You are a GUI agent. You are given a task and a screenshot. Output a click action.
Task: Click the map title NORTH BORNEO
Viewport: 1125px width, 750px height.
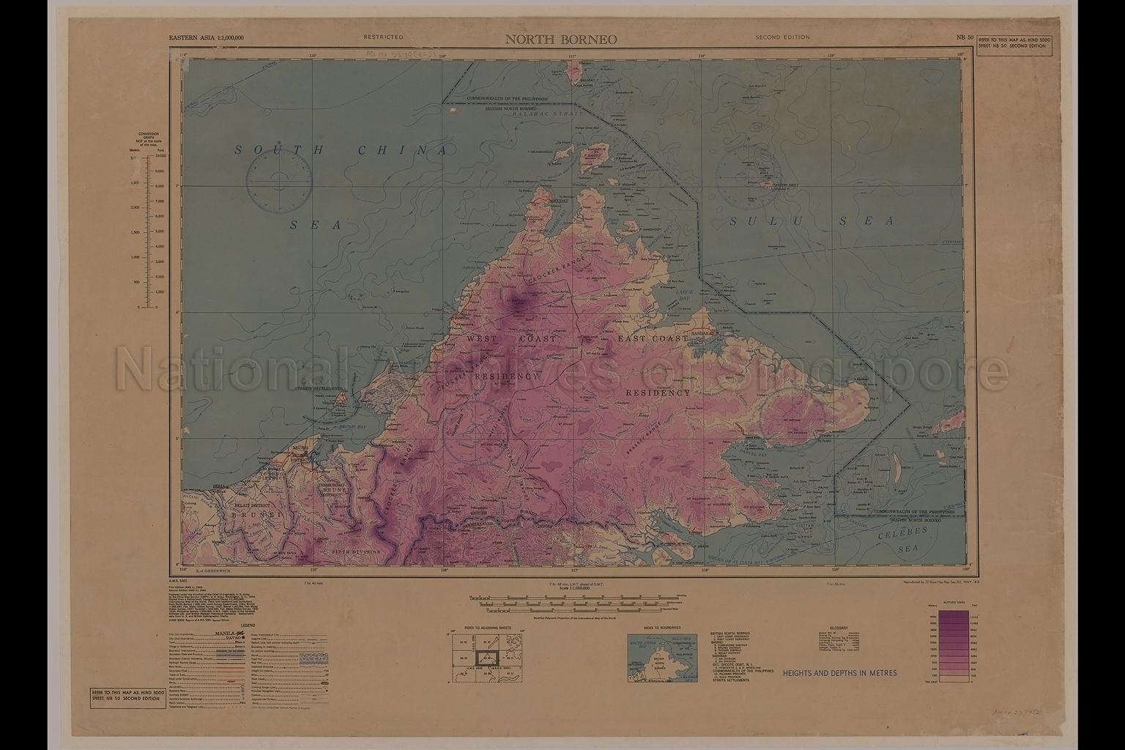(x=561, y=39)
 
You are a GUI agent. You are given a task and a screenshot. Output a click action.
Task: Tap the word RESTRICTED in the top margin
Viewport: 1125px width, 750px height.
(x=382, y=37)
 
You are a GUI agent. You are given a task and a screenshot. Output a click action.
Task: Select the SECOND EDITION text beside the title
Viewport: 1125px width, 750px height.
(x=782, y=37)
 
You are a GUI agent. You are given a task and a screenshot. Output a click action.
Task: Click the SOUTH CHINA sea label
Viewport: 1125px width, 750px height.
(x=341, y=150)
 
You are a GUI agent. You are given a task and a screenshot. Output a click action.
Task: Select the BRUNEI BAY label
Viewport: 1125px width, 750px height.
(x=352, y=426)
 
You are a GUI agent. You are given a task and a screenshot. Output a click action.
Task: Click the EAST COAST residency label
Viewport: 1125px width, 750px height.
(x=653, y=339)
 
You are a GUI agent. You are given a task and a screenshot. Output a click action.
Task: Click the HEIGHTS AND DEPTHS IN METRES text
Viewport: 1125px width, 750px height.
(x=839, y=672)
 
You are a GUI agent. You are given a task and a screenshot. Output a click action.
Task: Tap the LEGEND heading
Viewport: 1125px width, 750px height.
(x=243, y=625)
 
